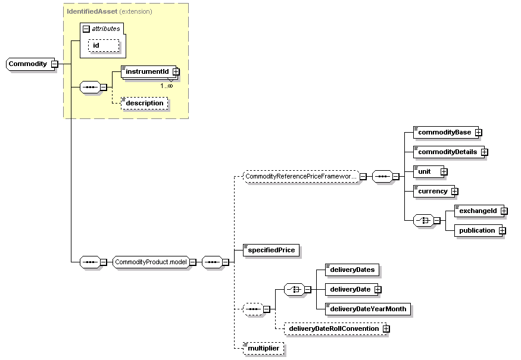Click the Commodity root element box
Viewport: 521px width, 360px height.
tap(27, 64)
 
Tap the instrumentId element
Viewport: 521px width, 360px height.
tap(147, 71)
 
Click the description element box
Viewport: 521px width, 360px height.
tap(145, 103)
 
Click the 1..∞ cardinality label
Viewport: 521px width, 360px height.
tap(166, 86)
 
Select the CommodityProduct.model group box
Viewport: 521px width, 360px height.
tap(151, 262)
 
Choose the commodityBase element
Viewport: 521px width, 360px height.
tap(444, 132)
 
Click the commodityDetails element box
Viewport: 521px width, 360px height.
tap(447, 152)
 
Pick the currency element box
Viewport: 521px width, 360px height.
tap(432, 191)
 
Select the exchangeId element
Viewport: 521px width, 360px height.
tap(477, 211)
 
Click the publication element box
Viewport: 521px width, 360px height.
tap(476, 230)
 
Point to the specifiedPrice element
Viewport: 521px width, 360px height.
tap(271, 250)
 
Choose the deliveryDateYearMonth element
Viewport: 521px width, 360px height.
tap(368, 309)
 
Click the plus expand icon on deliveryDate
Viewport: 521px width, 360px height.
tap(378, 290)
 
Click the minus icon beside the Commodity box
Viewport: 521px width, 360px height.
tap(54, 64)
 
